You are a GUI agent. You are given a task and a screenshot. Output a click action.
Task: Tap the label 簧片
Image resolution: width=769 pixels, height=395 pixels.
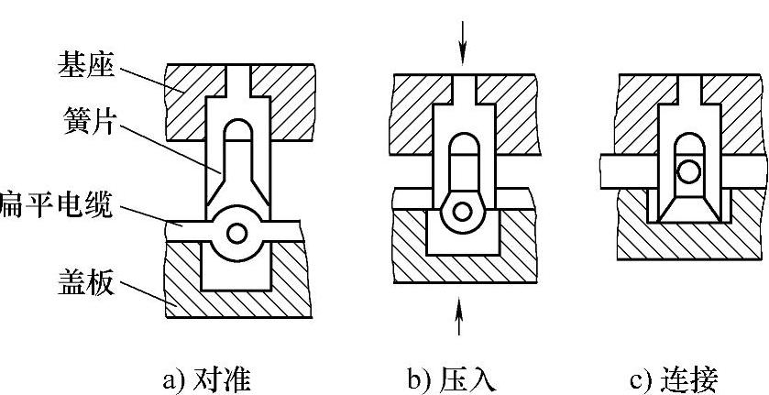pos(89,123)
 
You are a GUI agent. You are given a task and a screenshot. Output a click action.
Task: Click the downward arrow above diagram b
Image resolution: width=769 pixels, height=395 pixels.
pos(464,41)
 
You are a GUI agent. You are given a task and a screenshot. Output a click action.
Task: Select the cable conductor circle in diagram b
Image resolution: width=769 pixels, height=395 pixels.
pos(464,212)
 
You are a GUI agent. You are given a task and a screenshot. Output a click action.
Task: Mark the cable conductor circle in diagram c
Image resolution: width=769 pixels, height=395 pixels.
pos(687,170)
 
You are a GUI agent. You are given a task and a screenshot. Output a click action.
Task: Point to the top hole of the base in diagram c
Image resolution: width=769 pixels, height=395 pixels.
pos(687,87)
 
